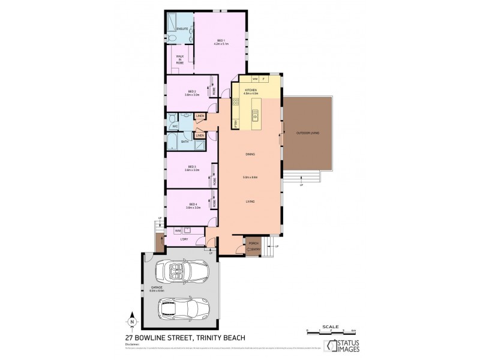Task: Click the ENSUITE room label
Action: click(x=182, y=29)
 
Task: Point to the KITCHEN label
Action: click(x=250, y=91)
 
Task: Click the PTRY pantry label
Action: click(x=236, y=122)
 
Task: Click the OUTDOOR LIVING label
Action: click(x=307, y=133)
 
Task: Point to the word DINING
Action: click(x=250, y=155)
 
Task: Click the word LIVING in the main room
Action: click(x=250, y=202)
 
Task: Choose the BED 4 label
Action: click(x=192, y=205)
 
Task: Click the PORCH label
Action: click(x=253, y=243)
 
